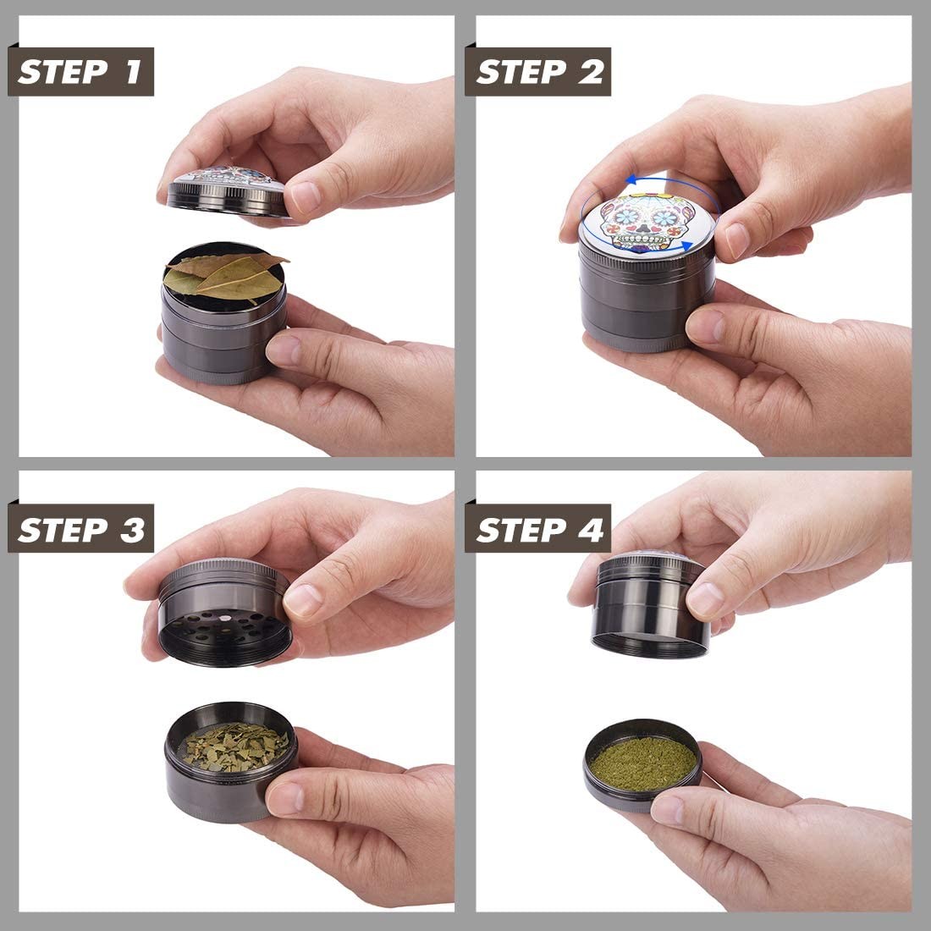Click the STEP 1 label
coord(80,71)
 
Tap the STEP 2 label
coord(538,71)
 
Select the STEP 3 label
coord(80,528)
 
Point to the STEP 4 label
coord(538,528)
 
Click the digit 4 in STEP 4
coord(592,529)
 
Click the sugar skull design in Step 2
coord(646,222)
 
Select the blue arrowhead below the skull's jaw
coord(686,245)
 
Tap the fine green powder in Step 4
coord(643,763)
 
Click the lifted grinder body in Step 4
coord(651,603)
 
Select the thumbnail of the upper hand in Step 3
coord(304,600)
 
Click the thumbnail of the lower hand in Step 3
coord(284,799)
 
